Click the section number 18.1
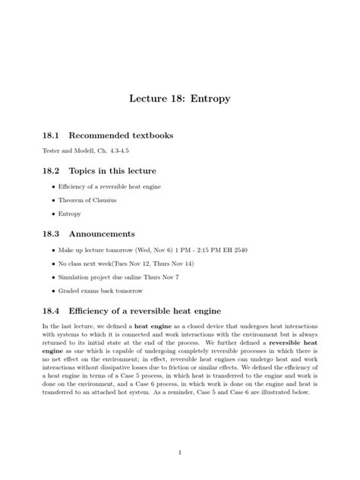click(54, 136)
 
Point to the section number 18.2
click(54, 172)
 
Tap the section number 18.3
click(54, 235)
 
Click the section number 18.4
click(54, 311)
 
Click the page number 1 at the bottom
click(179, 453)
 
